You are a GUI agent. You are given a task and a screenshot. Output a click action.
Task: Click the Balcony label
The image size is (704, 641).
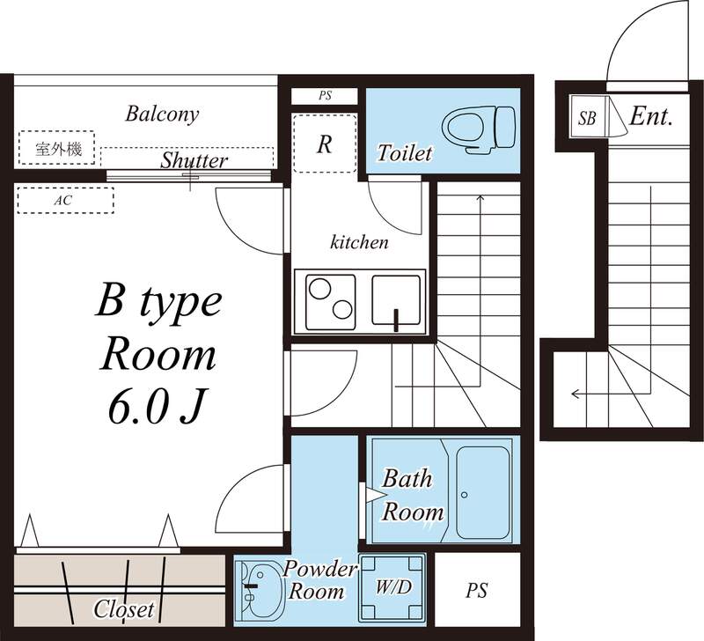[162, 114]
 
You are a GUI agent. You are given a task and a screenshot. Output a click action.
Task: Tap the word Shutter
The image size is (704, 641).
[194, 160]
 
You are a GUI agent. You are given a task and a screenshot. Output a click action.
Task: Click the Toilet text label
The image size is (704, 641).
[405, 153]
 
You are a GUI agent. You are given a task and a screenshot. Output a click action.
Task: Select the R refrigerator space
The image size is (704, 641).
[325, 144]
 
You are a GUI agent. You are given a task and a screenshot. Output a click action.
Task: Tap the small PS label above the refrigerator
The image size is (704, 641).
[325, 96]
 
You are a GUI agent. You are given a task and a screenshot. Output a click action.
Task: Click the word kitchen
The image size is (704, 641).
[359, 242]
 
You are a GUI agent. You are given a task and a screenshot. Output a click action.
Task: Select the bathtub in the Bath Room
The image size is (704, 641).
[487, 490]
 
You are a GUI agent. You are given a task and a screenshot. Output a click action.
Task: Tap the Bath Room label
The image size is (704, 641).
[409, 495]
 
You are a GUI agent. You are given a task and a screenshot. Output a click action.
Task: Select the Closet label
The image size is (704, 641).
[124, 608]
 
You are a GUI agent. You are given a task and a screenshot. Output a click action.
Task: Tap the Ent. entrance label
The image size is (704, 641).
[651, 116]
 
